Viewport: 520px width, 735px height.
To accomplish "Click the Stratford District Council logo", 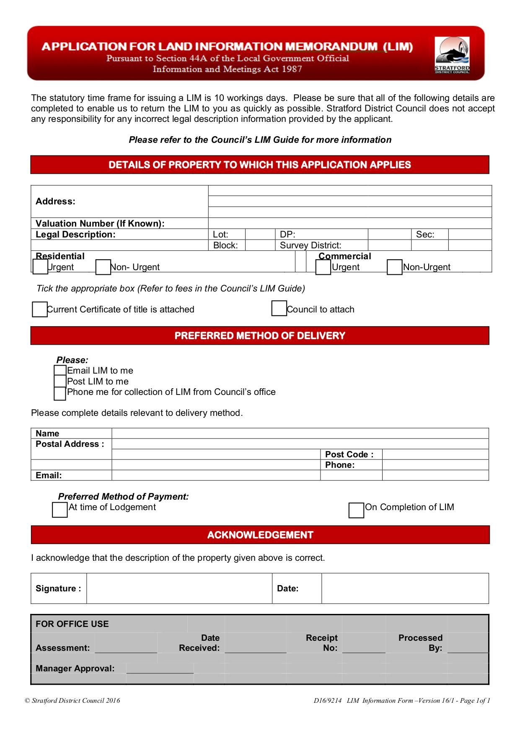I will (x=452, y=55).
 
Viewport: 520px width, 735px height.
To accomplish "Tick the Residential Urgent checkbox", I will (x=40, y=267).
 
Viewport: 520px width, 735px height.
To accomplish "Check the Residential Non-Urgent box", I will (x=103, y=267).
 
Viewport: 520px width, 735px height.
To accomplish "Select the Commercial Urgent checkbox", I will (x=323, y=267).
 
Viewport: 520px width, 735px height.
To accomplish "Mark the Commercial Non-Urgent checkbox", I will (x=394, y=267).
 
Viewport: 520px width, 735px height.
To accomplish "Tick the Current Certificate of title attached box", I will (x=40, y=309).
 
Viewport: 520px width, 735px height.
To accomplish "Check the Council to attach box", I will (x=279, y=309).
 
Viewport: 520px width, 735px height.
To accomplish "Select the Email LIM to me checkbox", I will (x=60, y=370).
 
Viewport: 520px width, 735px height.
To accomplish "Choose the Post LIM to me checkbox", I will (x=60, y=381).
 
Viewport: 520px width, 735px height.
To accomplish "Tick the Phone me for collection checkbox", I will (x=60, y=393).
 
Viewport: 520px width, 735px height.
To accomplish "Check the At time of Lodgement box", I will (x=60, y=510).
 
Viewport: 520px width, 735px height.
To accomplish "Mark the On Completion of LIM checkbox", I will (x=356, y=510).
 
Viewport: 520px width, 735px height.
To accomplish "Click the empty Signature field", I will (x=179, y=588).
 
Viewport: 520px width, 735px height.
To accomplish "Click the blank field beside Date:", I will (x=405, y=588).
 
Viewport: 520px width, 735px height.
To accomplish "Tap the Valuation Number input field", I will (x=349, y=223).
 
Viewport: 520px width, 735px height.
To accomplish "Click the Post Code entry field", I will (x=435, y=454).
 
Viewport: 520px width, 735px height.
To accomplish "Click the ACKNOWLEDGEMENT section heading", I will (x=260, y=535).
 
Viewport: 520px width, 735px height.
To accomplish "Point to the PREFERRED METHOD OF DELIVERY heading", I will (x=260, y=335).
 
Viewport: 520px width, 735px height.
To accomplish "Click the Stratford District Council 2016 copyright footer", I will (x=72, y=701).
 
